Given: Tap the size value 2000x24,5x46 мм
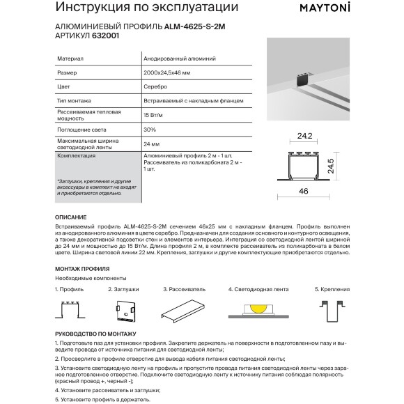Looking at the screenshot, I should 166,74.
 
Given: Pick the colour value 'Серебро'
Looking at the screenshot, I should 155,88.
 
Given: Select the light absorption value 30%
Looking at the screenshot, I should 149,130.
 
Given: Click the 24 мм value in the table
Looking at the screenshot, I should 150,144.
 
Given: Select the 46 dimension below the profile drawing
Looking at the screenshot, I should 304,190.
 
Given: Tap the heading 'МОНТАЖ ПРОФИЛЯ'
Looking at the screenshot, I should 81,269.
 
